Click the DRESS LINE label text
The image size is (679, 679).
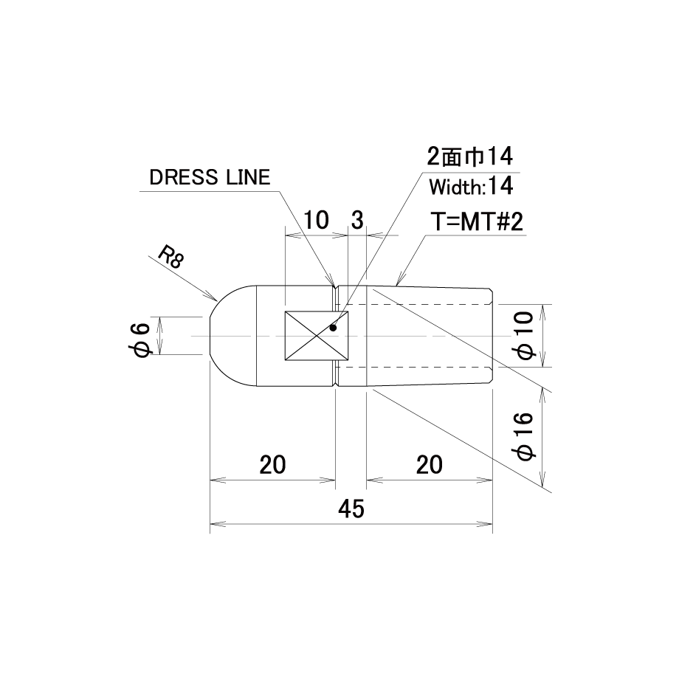click(x=210, y=178)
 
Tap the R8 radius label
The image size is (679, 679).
click(x=170, y=257)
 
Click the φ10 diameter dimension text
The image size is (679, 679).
click(x=525, y=336)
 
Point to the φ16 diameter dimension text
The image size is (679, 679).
click(x=525, y=436)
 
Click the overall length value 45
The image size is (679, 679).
click(x=351, y=509)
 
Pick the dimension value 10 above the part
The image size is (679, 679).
click(x=316, y=220)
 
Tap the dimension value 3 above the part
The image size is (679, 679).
click(x=356, y=220)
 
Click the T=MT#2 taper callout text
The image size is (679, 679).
click(x=477, y=221)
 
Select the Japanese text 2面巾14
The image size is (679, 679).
click(x=470, y=156)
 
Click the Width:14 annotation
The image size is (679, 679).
click(x=471, y=187)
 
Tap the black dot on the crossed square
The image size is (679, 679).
click(x=333, y=328)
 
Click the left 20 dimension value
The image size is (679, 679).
click(x=273, y=465)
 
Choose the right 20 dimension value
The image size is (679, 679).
click(x=430, y=465)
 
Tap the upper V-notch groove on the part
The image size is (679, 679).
click(x=336, y=287)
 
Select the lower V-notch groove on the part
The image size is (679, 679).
click(x=336, y=384)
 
